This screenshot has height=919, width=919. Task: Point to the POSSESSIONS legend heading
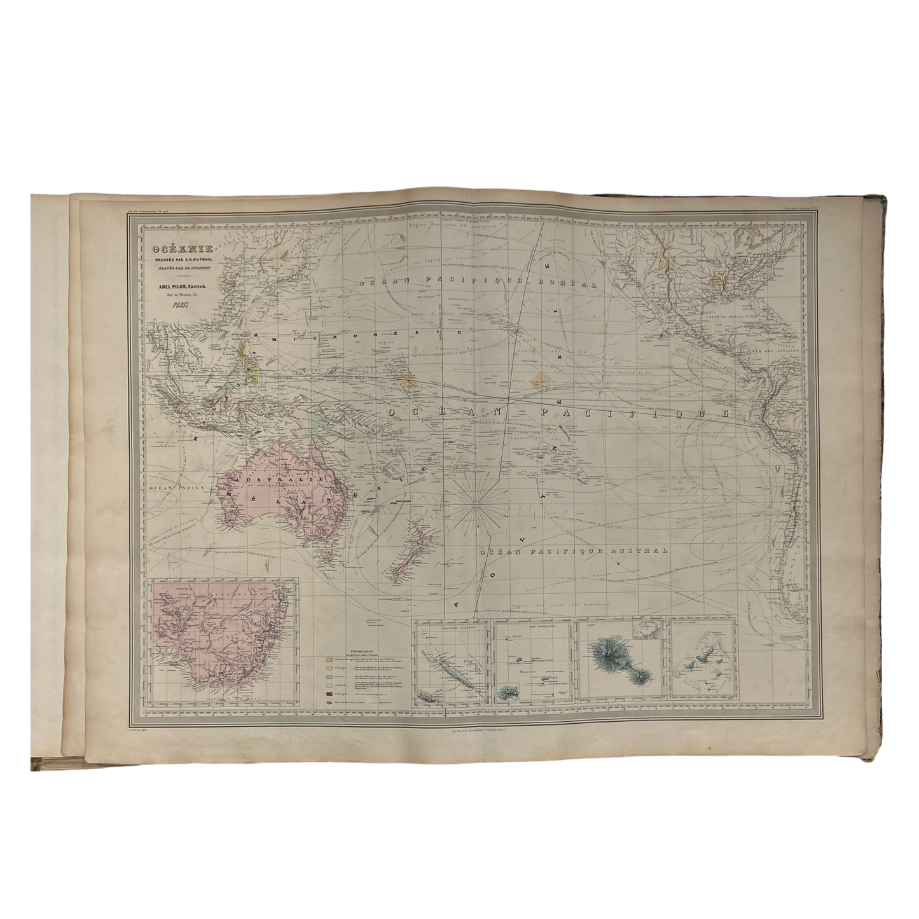point(361,651)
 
